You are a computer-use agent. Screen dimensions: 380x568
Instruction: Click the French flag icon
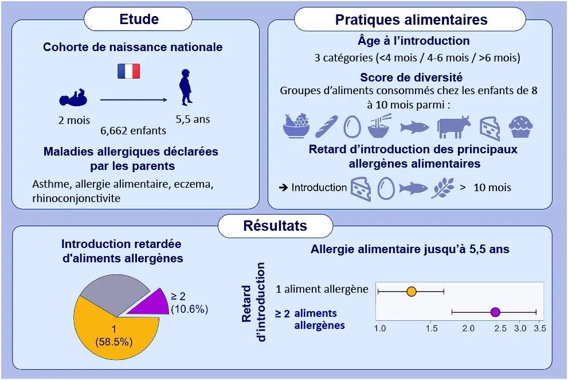click(x=128, y=71)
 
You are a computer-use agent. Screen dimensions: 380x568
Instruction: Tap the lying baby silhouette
click(x=73, y=98)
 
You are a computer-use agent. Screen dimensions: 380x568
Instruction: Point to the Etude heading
click(x=139, y=19)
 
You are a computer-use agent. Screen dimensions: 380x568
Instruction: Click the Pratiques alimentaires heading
click(x=411, y=20)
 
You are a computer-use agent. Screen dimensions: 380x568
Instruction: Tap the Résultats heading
click(x=275, y=226)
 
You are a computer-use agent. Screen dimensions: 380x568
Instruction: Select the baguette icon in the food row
click(x=326, y=126)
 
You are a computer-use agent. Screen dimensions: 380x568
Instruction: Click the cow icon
click(x=453, y=126)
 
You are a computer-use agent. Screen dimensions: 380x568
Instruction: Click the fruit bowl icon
click(x=296, y=126)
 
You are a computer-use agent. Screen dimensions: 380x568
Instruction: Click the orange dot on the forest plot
click(x=411, y=292)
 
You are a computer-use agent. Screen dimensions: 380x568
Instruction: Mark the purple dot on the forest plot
click(x=496, y=312)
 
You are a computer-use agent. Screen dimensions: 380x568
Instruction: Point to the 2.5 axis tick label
click(x=497, y=328)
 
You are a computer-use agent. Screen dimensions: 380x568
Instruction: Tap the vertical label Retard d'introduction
click(x=253, y=302)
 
